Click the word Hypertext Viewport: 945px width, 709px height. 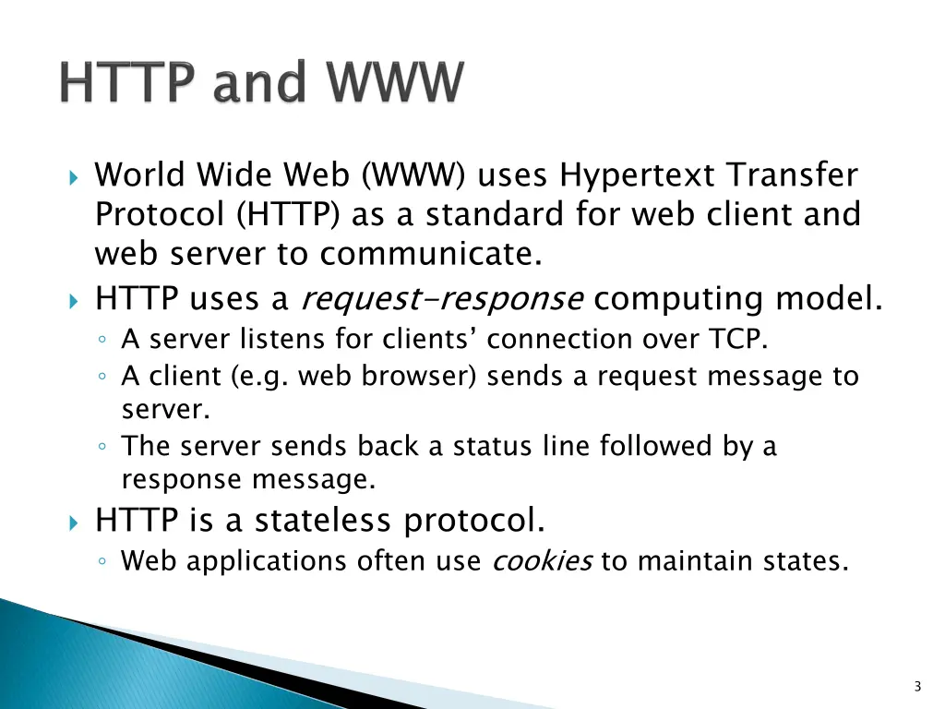point(639,175)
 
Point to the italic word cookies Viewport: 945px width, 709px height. point(542,561)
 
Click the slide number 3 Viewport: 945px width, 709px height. point(916,686)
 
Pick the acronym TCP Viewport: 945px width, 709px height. point(737,340)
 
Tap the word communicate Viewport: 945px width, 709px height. point(431,254)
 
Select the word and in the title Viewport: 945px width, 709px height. point(257,84)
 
